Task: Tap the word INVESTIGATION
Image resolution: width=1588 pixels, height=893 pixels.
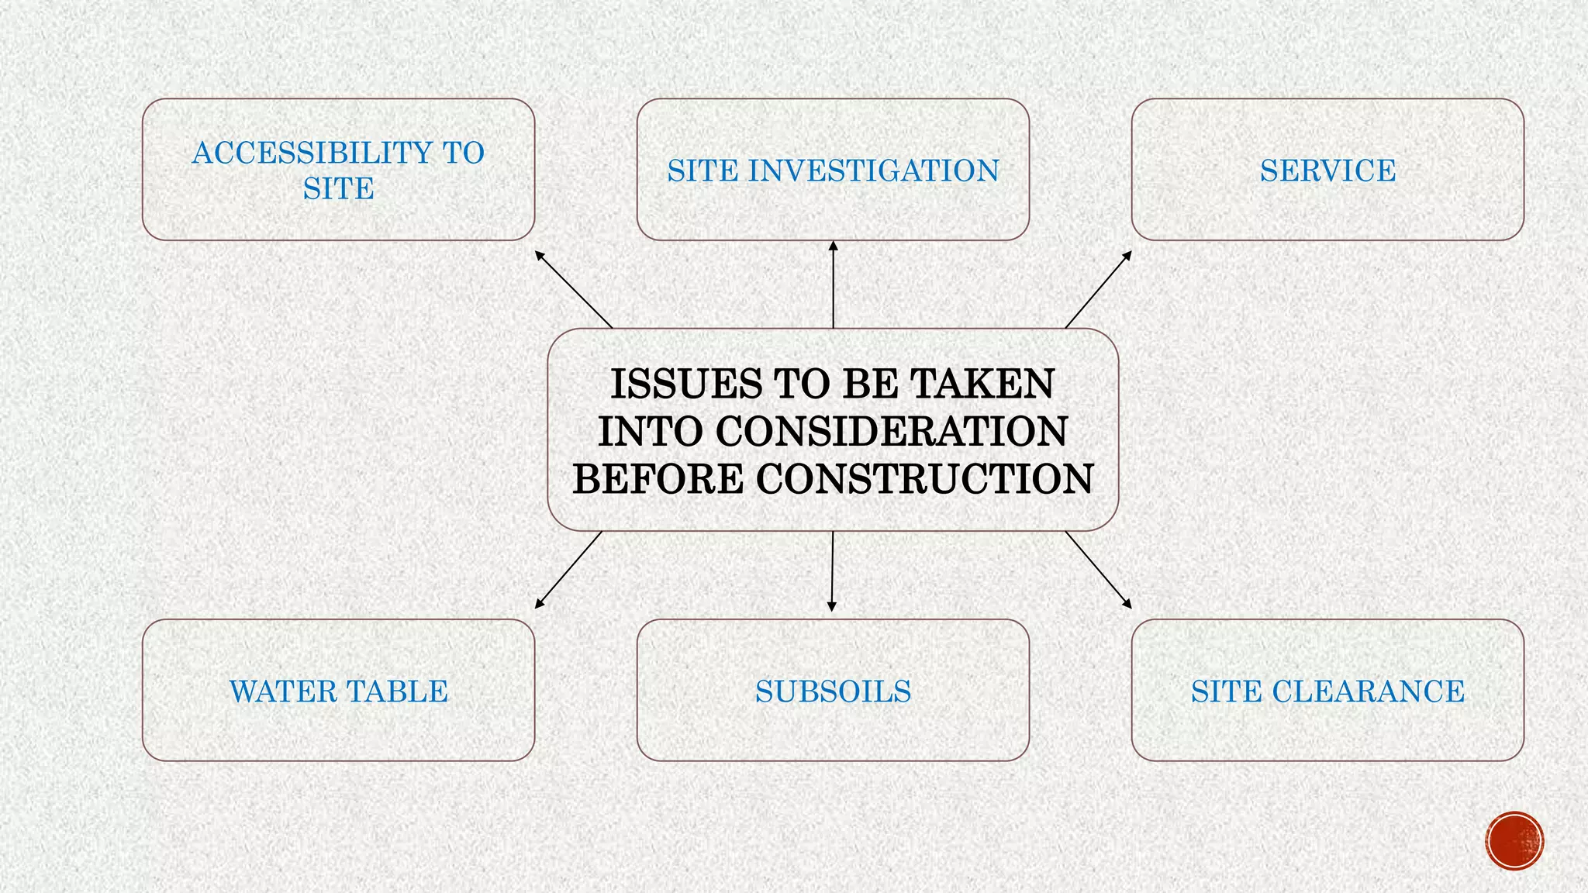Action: [873, 171]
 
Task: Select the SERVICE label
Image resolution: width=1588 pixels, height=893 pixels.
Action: [1327, 171]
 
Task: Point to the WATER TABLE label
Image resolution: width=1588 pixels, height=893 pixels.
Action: [339, 691]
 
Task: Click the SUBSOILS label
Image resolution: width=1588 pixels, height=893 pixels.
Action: [833, 691]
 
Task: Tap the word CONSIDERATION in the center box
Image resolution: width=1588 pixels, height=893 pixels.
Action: [891, 432]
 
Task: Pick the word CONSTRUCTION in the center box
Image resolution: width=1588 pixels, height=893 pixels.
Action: [924, 478]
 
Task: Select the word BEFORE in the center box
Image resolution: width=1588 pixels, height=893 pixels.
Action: [658, 478]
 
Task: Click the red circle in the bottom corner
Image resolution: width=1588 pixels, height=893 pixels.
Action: [1514, 840]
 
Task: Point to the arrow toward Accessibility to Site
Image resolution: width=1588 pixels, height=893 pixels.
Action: [574, 289]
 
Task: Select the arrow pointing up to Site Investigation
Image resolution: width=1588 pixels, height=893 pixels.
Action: [834, 284]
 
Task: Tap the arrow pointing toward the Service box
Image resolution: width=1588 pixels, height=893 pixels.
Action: [1098, 289]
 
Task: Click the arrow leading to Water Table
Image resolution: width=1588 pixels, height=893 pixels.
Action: [568, 570]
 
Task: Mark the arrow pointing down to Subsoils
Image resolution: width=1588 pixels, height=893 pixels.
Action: [832, 571]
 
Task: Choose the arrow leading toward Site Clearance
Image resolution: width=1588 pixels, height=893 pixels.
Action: [1098, 570]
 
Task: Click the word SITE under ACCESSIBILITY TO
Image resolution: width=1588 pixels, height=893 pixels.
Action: [338, 188]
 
